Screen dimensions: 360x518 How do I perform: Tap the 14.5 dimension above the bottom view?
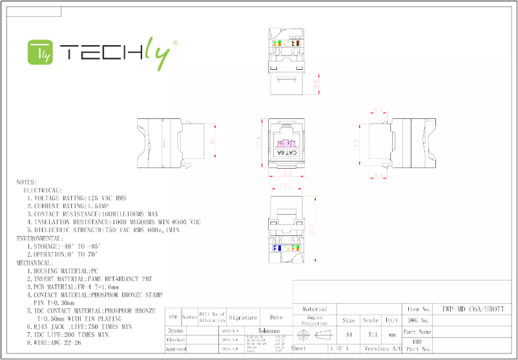pos(287,185)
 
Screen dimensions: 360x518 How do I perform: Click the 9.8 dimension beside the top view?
pos(316,84)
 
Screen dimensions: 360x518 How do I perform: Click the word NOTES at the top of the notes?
pos(27,182)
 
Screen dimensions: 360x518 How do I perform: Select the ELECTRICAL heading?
pos(43,190)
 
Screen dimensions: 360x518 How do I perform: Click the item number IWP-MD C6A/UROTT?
pos(469,309)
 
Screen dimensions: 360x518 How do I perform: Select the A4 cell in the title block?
pos(349,335)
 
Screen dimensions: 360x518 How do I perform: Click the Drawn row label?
pos(176,330)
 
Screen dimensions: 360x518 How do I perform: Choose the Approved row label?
pos(176,349)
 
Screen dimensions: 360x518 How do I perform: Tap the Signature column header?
pos(242,317)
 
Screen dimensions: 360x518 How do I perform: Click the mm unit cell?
pos(391,335)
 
